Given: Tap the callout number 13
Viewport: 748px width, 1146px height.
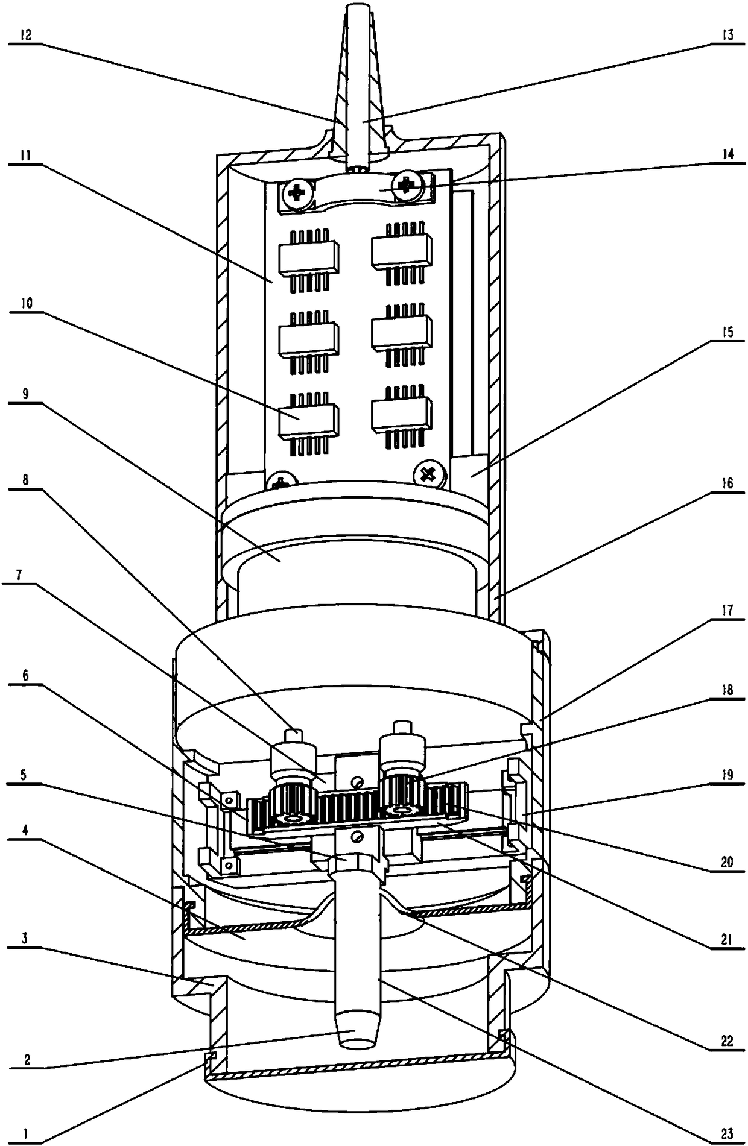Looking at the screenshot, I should click(728, 35).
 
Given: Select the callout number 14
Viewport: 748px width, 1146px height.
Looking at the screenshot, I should click(728, 154).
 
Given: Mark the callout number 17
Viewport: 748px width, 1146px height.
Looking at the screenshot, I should click(728, 610).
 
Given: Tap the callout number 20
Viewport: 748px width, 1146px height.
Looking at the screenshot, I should click(728, 861).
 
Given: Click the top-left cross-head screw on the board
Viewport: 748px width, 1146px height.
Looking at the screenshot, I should click(298, 194).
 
